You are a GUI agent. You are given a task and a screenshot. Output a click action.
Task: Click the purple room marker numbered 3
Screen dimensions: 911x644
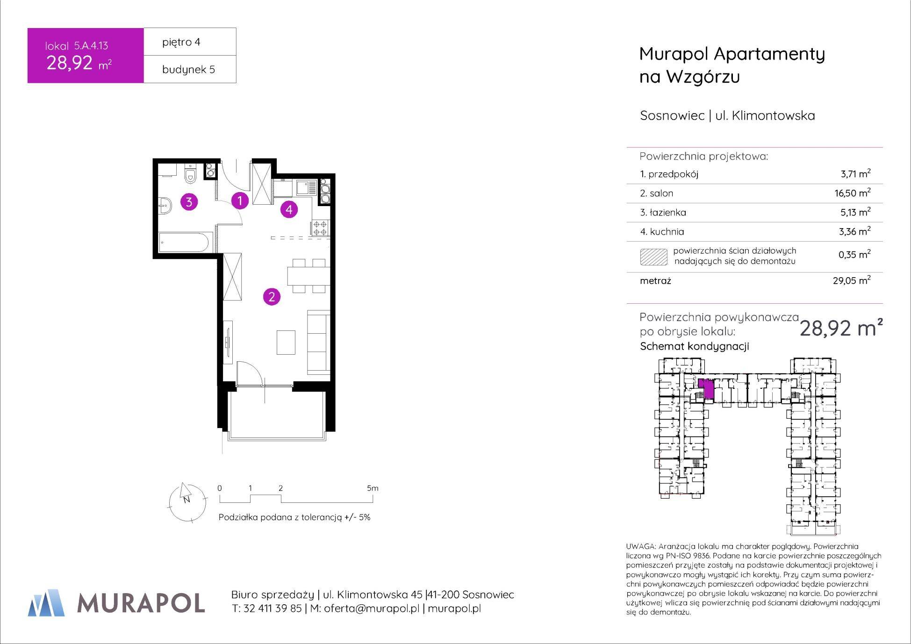[189, 202]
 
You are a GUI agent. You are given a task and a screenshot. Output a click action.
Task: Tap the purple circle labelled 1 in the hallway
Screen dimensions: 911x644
[240, 200]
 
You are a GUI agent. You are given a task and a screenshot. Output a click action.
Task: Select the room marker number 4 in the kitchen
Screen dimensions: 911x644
[289, 210]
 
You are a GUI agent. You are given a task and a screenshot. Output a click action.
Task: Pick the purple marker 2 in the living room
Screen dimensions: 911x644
[272, 296]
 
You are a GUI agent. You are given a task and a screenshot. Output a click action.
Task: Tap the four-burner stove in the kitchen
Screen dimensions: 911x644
[321, 228]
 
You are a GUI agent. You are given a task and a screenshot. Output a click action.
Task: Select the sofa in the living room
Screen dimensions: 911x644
[319, 342]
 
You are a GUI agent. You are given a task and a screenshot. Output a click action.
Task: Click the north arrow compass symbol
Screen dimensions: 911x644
[187, 501]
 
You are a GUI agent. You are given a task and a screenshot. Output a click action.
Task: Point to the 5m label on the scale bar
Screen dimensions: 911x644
[373, 488]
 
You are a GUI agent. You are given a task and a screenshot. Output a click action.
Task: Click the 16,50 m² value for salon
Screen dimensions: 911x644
[853, 193]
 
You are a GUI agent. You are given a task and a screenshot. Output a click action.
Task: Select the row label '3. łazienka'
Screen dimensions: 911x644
[663, 212]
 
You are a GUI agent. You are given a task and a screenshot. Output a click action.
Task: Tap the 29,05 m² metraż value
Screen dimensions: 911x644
[853, 280]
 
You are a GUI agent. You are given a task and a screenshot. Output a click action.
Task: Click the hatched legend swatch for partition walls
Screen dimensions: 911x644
[653, 257]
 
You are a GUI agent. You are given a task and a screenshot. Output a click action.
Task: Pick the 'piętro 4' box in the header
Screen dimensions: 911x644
[190, 42]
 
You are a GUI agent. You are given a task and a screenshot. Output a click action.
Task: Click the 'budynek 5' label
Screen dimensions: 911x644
[188, 70]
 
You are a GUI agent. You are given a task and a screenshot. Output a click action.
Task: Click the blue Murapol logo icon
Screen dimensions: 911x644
[46, 602]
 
